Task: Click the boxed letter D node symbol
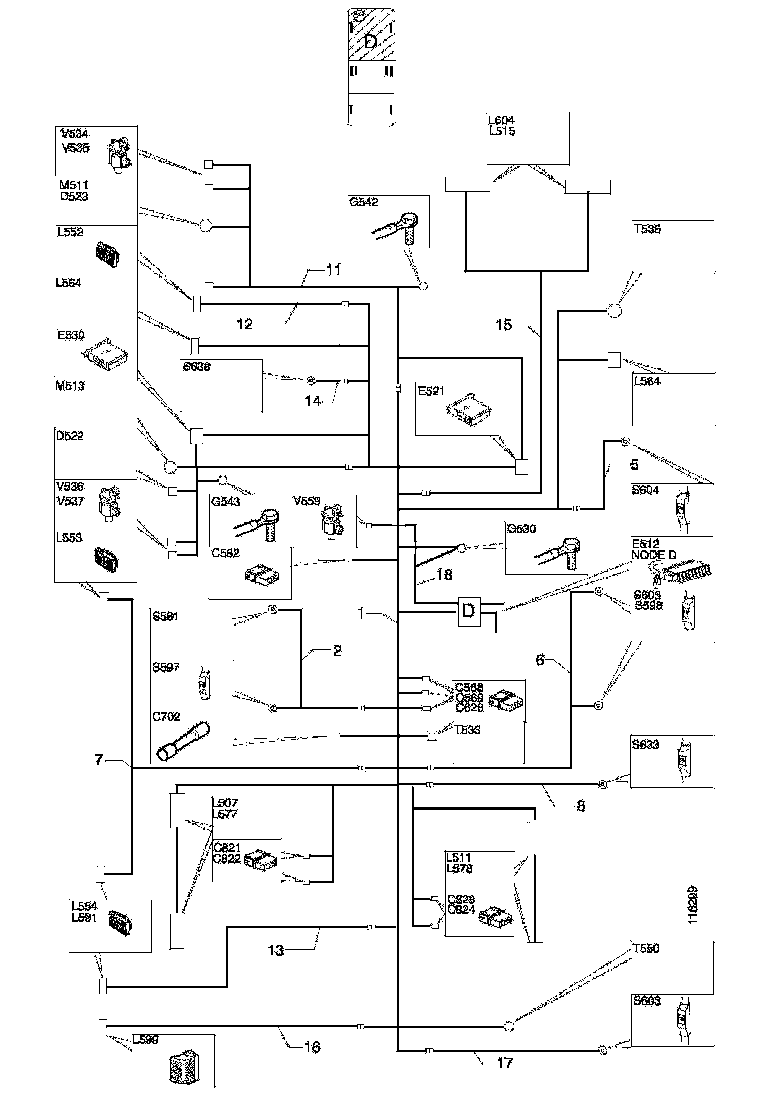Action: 467,611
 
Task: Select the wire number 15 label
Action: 504,324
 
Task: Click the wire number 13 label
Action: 278,950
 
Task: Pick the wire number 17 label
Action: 504,1063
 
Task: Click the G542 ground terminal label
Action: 364,201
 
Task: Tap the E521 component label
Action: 430,392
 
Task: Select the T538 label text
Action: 648,228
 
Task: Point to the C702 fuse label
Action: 165,717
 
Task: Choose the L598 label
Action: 147,1040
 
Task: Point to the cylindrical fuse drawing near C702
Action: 183,741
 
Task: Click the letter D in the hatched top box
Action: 371,42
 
